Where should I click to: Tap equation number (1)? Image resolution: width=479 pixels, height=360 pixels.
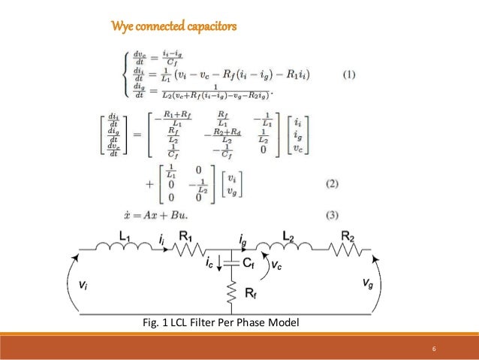(348, 74)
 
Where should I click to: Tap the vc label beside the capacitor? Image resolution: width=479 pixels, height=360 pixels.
(277, 265)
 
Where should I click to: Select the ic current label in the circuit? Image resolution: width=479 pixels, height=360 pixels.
(210, 263)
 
